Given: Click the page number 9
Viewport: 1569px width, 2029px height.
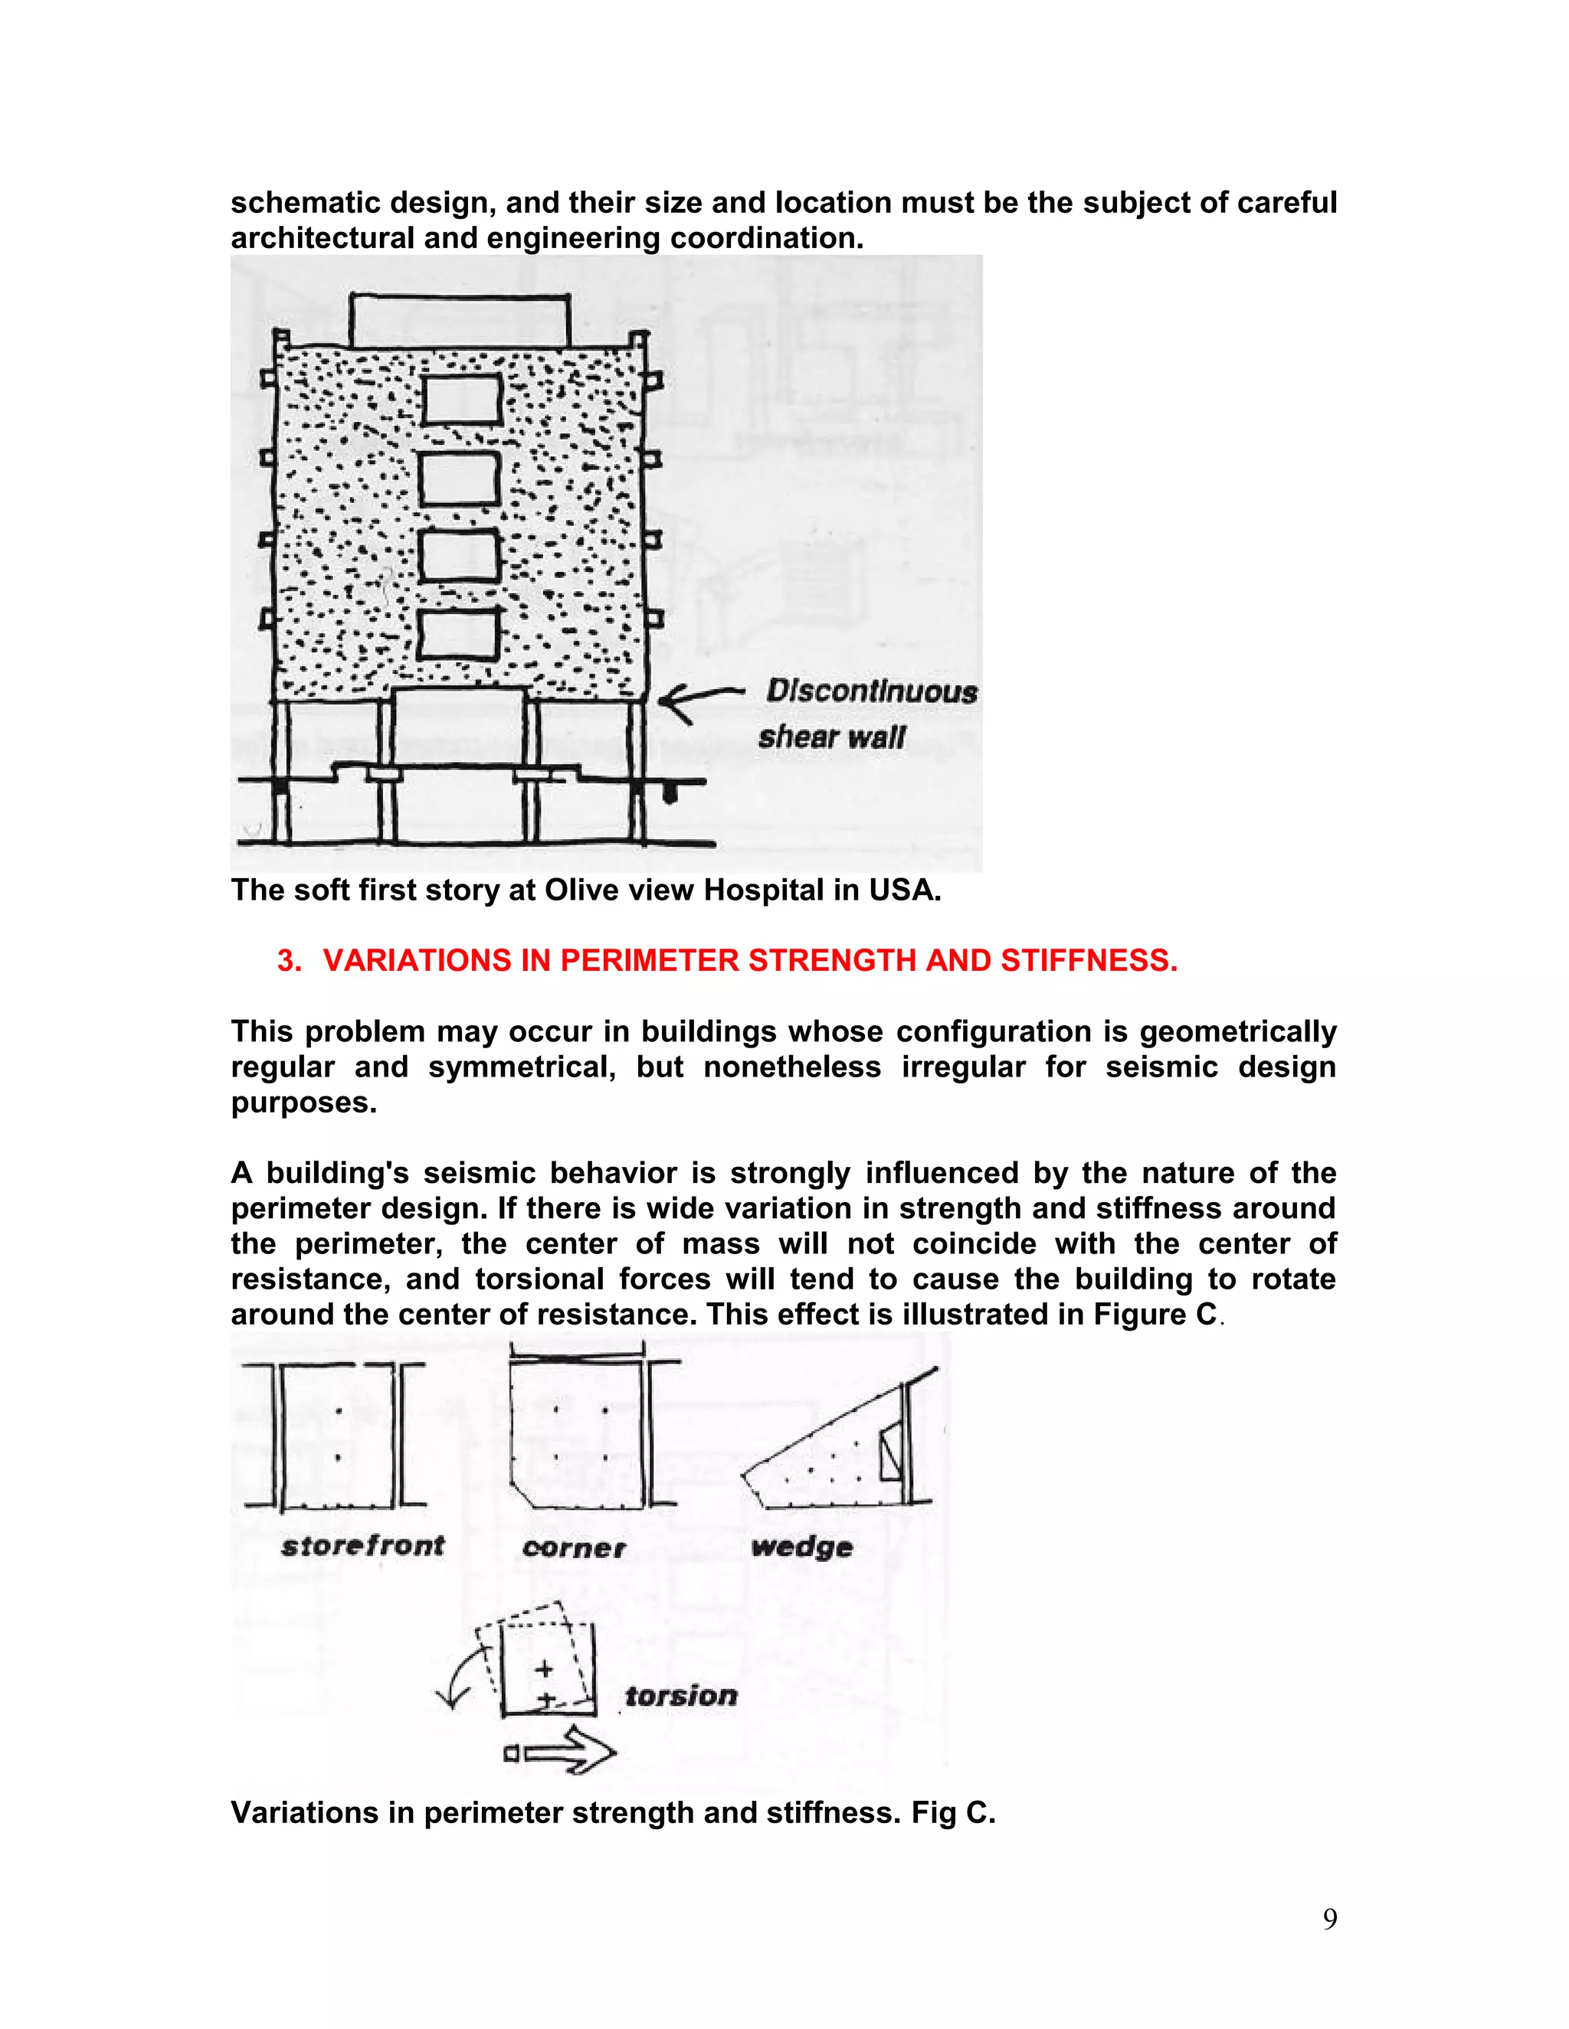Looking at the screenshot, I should pyautogui.click(x=1329, y=1919).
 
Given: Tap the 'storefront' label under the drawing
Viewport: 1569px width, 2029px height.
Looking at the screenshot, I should pyautogui.click(x=362, y=1546).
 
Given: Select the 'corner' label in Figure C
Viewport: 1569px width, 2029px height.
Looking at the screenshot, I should pyautogui.click(x=574, y=1547).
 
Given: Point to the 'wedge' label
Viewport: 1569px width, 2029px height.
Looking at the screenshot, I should pyautogui.click(x=801, y=1547).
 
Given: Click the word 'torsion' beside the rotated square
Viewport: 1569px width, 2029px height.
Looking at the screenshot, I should pyautogui.click(x=680, y=1695).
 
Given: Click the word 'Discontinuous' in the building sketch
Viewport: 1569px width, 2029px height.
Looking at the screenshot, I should pyautogui.click(x=871, y=691).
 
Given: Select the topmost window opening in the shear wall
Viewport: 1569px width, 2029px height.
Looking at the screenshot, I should pyautogui.click(x=462, y=399).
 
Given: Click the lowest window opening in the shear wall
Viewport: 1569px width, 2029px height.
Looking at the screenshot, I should pyautogui.click(x=457, y=632).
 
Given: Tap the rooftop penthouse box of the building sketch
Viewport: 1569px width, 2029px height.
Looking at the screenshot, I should pyautogui.click(x=459, y=321).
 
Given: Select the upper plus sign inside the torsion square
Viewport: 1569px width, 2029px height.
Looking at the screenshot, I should pyautogui.click(x=544, y=1669).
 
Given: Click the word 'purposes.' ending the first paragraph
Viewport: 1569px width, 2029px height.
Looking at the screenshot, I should pyautogui.click(x=303, y=1103).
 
